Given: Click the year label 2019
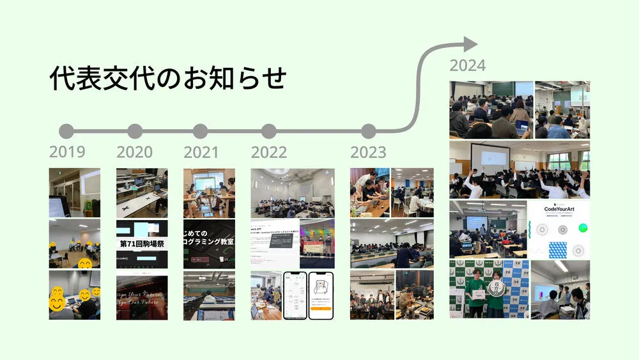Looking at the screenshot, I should (67, 152).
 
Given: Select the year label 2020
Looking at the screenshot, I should (134, 152).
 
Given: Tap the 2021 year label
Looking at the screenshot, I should (201, 152).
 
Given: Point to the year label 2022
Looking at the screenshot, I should (268, 152).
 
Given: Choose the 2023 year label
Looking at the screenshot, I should (368, 152).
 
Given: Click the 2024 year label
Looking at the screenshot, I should (467, 65).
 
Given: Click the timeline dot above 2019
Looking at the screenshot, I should (66, 131).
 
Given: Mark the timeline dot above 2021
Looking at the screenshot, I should (201, 131).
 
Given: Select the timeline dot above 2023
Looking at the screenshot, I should (368, 131).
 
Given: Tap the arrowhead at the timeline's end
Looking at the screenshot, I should (470, 44).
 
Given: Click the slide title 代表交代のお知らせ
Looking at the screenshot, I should (167, 79).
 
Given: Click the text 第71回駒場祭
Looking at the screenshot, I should (142, 244).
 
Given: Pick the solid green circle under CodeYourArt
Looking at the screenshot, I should (582, 228).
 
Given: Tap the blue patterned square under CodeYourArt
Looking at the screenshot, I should (558, 249).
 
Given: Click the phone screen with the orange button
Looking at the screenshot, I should (321, 295).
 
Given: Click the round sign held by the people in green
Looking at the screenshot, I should (494, 287).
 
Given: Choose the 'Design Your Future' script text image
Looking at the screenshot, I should (142, 297).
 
